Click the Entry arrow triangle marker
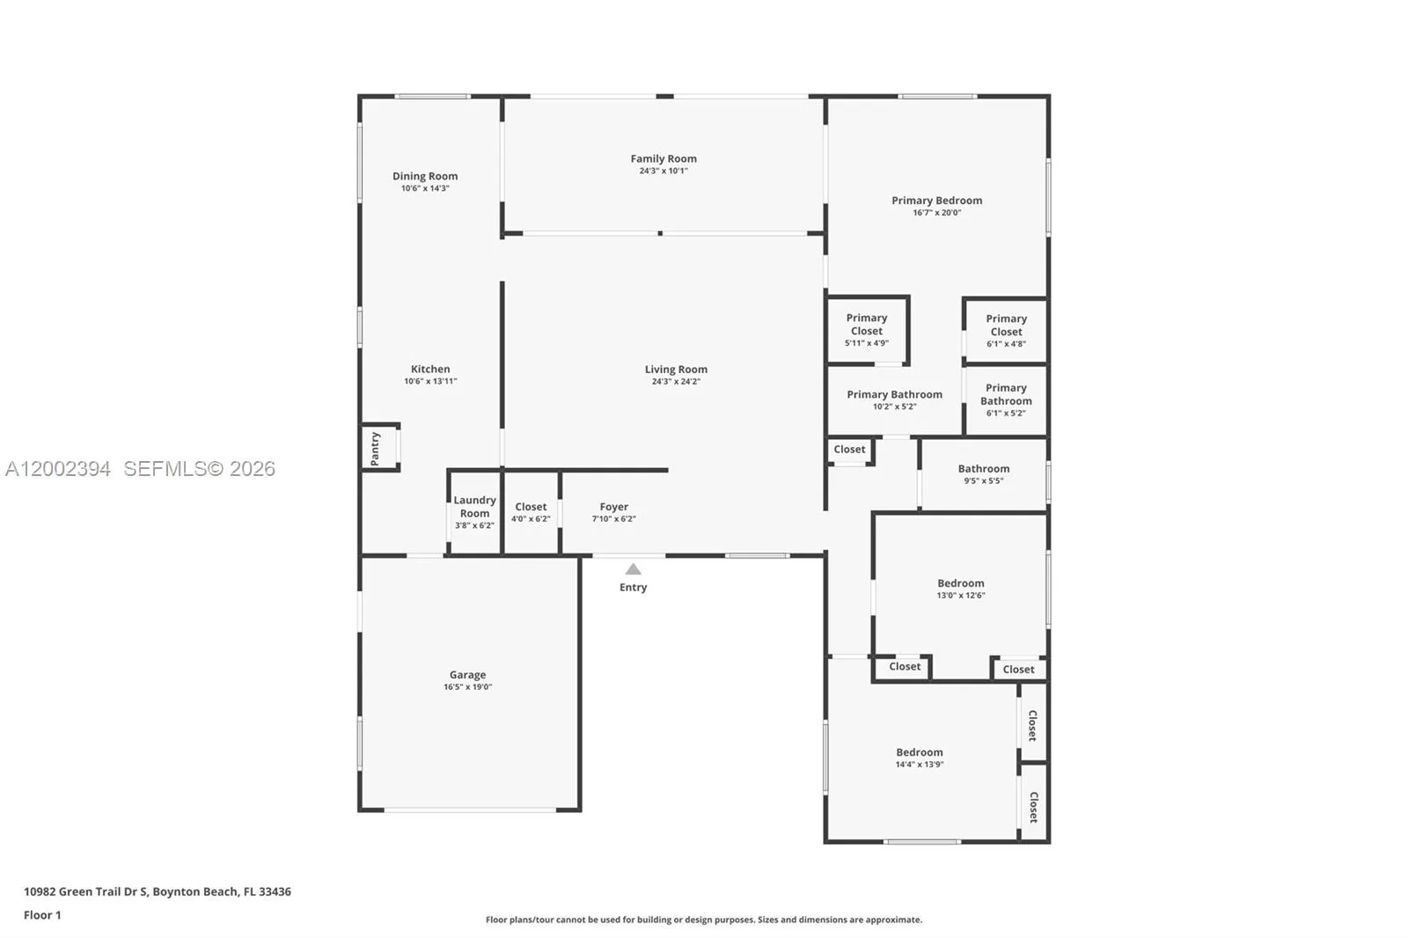pos(633,569)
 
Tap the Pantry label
pos(375,448)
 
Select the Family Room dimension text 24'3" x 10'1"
pos(664,171)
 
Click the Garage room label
pos(467,675)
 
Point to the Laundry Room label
pos(474,506)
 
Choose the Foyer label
pos(614,507)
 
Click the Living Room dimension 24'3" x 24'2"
pos(677,382)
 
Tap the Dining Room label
pos(426,176)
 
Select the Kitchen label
pos(430,369)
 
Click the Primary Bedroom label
pos(937,201)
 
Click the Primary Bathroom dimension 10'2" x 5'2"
pos(894,407)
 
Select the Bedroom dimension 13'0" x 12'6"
pos(961,596)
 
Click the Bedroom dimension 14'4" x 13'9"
pos(920,765)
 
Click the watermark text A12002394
pos(58,468)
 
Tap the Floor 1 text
pos(43,915)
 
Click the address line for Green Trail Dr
pos(158,891)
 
